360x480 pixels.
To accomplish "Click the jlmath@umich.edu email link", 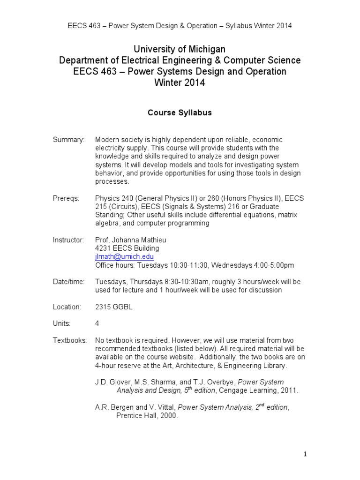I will [124, 257].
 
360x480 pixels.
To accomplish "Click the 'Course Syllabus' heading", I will [180, 113].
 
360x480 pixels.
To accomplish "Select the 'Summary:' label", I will [68, 140].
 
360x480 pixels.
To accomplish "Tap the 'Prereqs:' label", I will [66, 198].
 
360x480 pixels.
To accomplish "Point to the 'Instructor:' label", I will [68, 240].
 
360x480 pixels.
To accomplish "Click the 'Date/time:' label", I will [69, 282].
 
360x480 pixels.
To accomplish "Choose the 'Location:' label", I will [67, 307].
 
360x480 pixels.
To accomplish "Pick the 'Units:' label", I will [62, 323].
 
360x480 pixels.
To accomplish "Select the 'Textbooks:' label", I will [70, 340].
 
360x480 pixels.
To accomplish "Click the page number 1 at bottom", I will [305, 454].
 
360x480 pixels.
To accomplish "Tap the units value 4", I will [97, 323].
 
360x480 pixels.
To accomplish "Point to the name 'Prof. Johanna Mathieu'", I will [131, 240].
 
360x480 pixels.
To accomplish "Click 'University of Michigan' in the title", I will [180, 49].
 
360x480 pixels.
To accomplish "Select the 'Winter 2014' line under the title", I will [180, 83].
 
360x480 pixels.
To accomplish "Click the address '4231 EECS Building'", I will [127, 248].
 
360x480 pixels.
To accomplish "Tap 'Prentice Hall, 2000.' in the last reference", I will [147, 416].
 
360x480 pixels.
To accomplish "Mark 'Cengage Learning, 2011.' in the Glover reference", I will [259, 390].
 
